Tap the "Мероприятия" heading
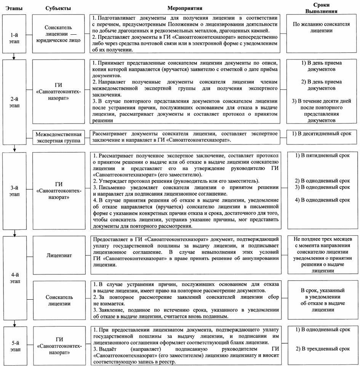click(184, 8)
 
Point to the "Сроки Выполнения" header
click(323, 8)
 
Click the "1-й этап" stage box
click(13, 34)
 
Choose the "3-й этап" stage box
click(13, 190)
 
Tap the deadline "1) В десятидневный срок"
click(322, 133)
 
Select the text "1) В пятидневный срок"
click(322, 156)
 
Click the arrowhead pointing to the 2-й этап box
click(13, 58)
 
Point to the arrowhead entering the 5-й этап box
click(13, 325)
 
